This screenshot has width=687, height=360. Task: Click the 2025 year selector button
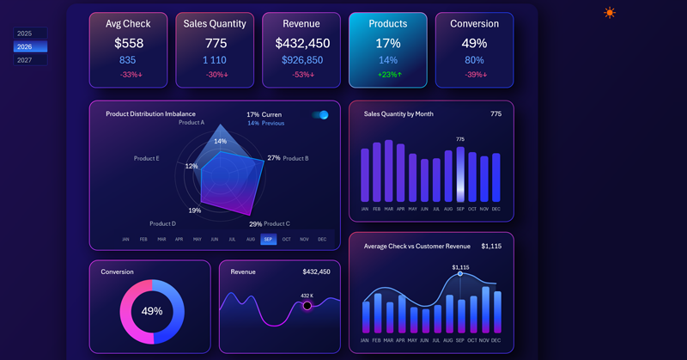(25, 34)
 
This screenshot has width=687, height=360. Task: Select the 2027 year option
(25, 60)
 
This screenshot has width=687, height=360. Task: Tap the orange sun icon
(610, 13)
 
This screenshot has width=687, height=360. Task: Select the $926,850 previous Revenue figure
(302, 60)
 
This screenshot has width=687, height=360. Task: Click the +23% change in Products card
(388, 75)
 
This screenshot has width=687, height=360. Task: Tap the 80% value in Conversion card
(474, 60)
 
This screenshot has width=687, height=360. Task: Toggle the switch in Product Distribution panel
(320, 115)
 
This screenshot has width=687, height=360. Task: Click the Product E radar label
(147, 158)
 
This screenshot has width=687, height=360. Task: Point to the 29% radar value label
(256, 224)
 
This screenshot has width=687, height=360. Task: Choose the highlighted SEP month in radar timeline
(269, 240)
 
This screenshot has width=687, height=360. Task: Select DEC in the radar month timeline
(322, 240)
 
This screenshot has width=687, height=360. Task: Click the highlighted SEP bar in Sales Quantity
(460, 174)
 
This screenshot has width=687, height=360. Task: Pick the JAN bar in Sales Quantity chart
(365, 175)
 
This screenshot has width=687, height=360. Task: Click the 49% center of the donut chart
(152, 311)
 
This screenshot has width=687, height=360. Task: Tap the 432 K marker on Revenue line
(307, 306)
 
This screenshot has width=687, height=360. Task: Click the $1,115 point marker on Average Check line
(460, 274)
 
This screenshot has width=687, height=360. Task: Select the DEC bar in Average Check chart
(496, 313)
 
